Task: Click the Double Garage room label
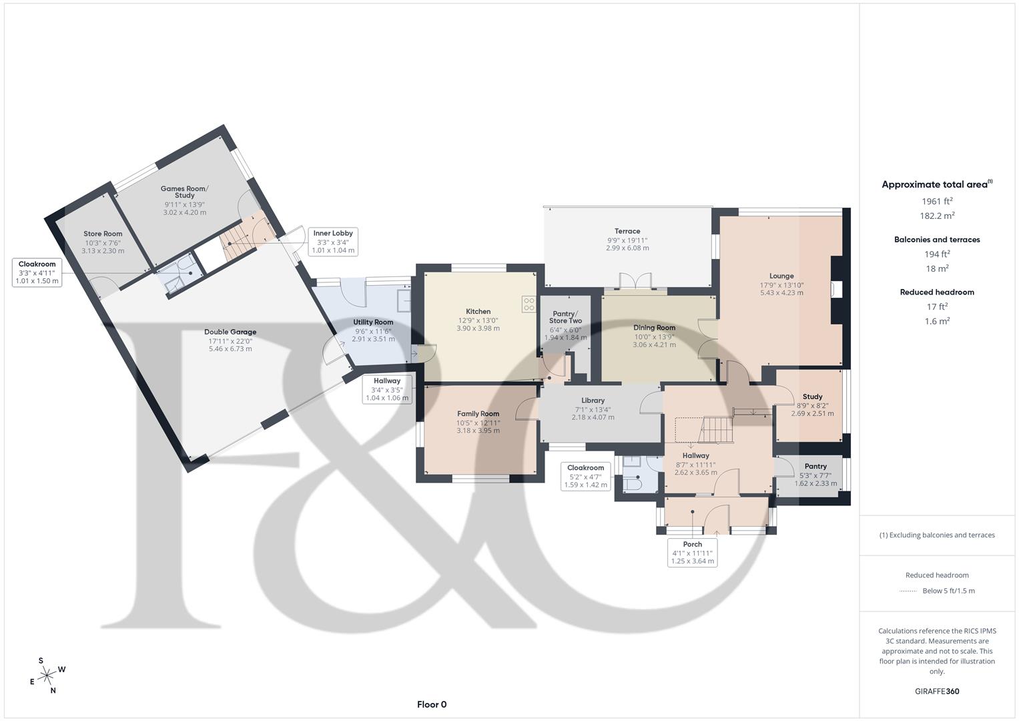click(230, 332)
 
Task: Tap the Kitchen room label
click(478, 311)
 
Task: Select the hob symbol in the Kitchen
click(529, 304)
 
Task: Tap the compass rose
click(47, 676)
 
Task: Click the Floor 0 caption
click(431, 704)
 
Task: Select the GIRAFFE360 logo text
click(937, 691)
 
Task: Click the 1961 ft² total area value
click(937, 201)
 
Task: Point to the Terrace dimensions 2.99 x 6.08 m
click(627, 248)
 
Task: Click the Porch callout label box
click(693, 553)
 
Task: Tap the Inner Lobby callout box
click(333, 242)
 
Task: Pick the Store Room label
click(103, 234)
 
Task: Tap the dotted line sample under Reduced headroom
click(908, 591)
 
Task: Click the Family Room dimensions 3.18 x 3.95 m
click(478, 431)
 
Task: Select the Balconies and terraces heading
click(937, 240)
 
